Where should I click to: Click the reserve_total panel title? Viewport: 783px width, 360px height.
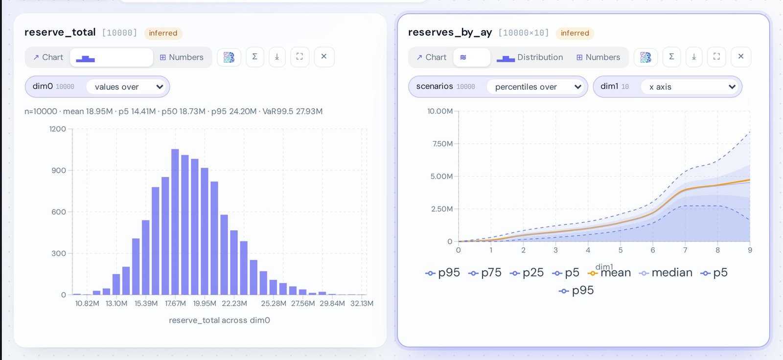click(60, 32)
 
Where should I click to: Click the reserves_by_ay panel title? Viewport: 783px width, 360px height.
click(450, 32)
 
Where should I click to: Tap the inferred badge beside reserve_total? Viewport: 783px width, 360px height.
click(163, 33)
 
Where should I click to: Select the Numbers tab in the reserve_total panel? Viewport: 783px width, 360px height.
click(182, 57)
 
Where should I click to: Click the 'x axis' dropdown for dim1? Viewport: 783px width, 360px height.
click(690, 87)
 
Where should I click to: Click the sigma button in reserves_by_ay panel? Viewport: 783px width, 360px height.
click(671, 57)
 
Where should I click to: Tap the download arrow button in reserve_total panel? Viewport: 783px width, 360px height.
click(277, 57)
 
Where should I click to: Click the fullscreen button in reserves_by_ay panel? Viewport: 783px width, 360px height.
click(716, 57)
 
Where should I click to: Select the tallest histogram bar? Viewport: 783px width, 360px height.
click(175, 222)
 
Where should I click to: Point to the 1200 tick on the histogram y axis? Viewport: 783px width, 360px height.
click(58, 129)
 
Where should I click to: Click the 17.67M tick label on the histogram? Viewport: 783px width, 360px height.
click(175, 303)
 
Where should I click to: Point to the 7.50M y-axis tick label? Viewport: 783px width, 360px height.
click(442, 144)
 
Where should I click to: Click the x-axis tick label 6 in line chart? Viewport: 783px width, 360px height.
click(653, 250)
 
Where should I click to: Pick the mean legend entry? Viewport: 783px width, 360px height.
click(609, 273)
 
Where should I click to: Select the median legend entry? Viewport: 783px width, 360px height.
click(666, 272)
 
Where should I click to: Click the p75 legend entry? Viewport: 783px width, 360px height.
click(485, 272)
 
